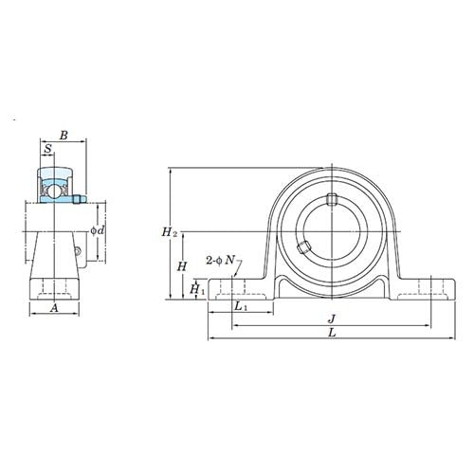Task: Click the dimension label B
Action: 62,137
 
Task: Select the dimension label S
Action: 48,150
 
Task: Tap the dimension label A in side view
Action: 54,307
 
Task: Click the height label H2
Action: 169,231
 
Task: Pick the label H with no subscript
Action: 181,266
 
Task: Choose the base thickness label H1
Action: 195,289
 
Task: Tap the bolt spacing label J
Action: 329,319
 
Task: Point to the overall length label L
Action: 329,334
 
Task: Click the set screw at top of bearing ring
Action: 332,199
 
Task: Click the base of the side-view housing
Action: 55,288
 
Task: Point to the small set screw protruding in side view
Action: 80,198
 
